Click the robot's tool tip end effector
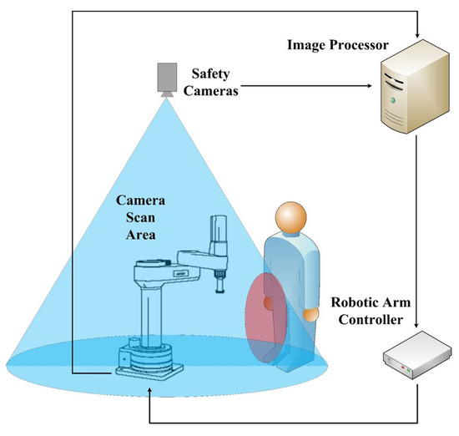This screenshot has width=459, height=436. pos(219,291)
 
